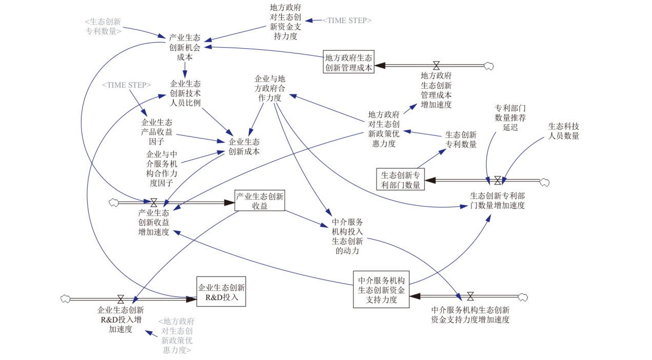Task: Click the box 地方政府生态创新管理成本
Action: (x=349, y=62)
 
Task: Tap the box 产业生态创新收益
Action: (x=260, y=201)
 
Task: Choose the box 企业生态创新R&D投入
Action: (x=221, y=292)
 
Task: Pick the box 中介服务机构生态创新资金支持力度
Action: (x=381, y=290)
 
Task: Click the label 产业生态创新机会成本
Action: (x=185, y=48)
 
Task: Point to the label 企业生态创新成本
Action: (x=244, y=147)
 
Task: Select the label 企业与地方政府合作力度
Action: (x=270, y=88)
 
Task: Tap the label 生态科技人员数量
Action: (x=563, y=131)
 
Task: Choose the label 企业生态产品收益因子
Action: (x=156, y=132)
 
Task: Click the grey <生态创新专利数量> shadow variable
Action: (x=103, y=26)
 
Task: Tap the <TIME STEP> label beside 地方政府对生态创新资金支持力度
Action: (x=346, y=21)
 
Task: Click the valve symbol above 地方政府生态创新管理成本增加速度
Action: (x=437, y=65)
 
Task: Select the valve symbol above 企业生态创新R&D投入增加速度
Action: (x=121, y=298)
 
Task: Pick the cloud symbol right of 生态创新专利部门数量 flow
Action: (x=545, y=181)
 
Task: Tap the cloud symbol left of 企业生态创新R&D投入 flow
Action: (x=65, y=298)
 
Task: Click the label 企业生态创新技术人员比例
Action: (x=185, y=93)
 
